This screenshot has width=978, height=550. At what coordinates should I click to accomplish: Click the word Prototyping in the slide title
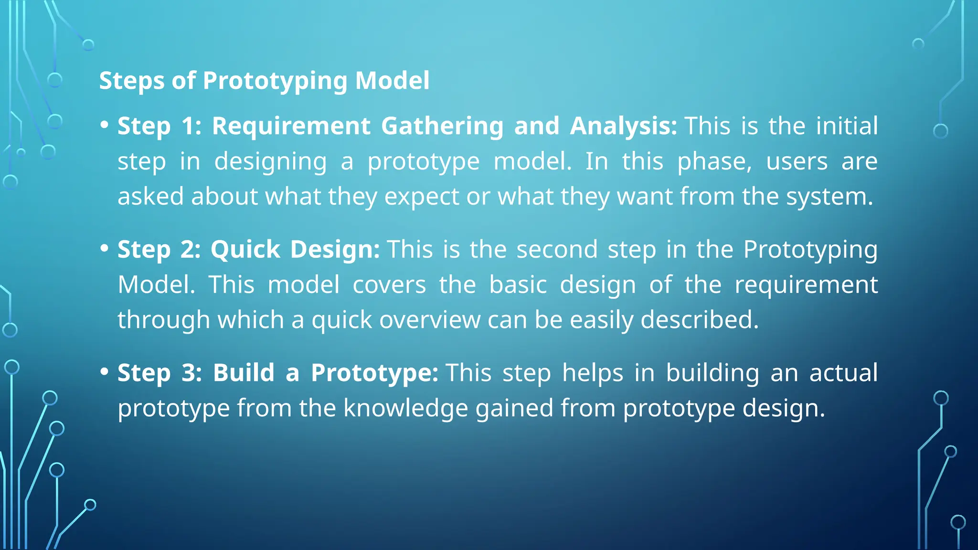(x=275, y=81)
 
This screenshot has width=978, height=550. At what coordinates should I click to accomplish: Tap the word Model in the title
(x=392, y=80)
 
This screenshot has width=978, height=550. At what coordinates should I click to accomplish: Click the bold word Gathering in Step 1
(x=442, y=126)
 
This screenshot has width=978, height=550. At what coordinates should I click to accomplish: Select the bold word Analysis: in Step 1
(x=623, y=127)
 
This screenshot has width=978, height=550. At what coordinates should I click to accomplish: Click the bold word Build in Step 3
(x=244, y=373)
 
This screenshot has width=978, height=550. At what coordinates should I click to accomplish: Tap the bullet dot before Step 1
(x=105, y=125)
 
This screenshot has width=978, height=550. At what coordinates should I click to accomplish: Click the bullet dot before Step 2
(x=105, y=248)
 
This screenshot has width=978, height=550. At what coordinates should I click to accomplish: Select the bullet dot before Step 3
(x=105, y=371)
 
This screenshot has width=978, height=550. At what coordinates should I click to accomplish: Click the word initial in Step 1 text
(x=846, y=126)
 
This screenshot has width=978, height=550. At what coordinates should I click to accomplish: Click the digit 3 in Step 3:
(x=190, y=373)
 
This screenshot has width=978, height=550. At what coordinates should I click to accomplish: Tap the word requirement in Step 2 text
(x=806, y=286)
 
